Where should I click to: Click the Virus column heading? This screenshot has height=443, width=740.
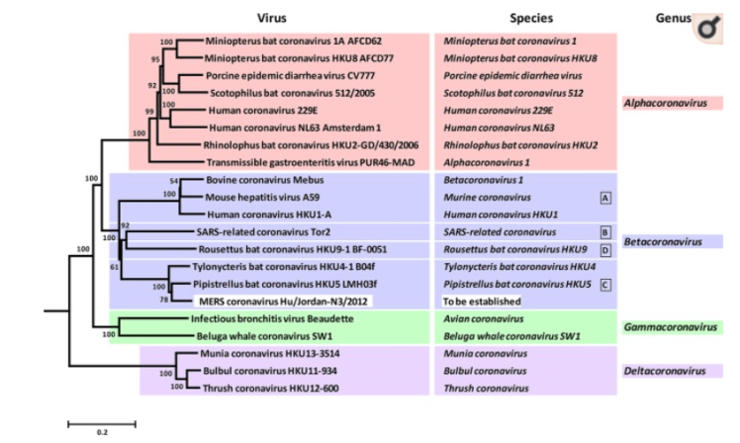[x=273, y=18]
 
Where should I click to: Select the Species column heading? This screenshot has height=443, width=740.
[x=532, y=18]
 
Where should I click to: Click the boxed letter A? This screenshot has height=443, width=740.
[x=604, y=198]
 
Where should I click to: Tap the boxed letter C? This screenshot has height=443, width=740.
[x=604, y=284]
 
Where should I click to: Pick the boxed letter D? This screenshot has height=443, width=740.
[x=604, y=249]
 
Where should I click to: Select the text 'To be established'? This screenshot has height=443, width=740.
[x=482, y=301]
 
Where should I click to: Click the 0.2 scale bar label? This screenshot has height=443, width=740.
[x=101, y=432]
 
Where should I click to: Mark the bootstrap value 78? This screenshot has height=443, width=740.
[x=165, y=300]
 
